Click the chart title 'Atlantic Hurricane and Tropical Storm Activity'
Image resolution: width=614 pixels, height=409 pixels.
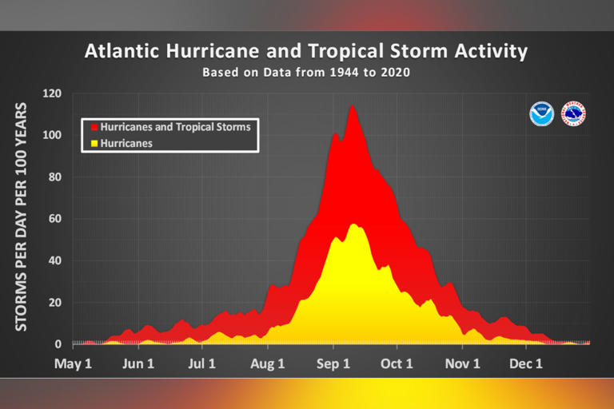click(306, 52)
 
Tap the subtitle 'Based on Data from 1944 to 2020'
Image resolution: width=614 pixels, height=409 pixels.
click(307, 72)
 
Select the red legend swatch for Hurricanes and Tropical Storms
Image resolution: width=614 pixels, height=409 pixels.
click(94, 127)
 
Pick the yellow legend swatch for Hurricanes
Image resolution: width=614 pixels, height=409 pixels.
click(94, 143)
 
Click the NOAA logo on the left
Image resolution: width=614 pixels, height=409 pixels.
click(541, 113)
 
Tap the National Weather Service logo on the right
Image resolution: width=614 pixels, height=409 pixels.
click(573, 113)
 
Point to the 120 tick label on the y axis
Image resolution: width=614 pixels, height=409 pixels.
click(53, 93)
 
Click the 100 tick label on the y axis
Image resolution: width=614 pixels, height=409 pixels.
click(53, 134)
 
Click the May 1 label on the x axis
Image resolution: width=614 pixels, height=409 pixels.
click(74, 364)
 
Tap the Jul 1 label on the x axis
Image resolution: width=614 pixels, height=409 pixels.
click(202, 364)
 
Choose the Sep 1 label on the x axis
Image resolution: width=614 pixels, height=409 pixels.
click(333, 364)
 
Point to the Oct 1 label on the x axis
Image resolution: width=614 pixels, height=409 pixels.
click(397, 364)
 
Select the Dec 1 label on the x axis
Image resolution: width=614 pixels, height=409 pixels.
click(526, 364)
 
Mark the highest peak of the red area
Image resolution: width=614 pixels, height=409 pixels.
click(351, 105)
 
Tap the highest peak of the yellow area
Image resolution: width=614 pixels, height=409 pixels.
click(353, 224)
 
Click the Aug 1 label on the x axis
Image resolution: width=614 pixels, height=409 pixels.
click(268, 364)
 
